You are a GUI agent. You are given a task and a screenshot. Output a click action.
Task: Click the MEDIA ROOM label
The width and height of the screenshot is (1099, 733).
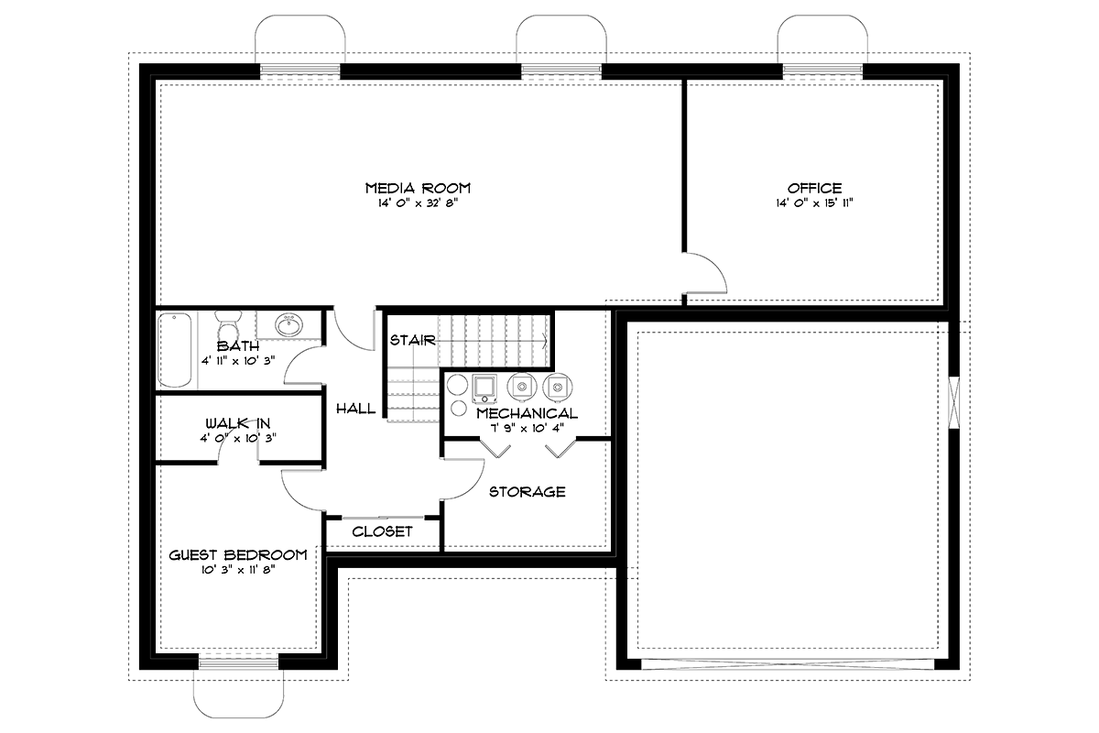point(418,188)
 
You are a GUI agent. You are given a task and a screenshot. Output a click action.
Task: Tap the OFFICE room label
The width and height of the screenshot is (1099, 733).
point(814,188)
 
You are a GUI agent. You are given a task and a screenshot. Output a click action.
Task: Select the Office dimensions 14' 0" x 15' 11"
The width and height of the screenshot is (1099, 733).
point(814,202)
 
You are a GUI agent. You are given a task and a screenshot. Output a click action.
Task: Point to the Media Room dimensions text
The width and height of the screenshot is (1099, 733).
point(418,202)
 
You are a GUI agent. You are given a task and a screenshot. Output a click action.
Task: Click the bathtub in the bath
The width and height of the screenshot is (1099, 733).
point(175,350)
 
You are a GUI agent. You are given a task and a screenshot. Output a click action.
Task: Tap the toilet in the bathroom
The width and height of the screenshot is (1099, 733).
point(228,324)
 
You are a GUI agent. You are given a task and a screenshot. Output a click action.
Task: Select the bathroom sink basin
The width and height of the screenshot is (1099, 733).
point(288,324)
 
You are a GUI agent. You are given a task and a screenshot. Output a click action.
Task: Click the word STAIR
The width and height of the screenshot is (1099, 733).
point(413,340)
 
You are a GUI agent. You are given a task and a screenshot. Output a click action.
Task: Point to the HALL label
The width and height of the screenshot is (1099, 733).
point(355,408)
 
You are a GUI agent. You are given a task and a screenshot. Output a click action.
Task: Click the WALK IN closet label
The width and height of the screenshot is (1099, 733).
point(238,422)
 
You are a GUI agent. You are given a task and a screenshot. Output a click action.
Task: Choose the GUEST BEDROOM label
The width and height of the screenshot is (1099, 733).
point(238,554)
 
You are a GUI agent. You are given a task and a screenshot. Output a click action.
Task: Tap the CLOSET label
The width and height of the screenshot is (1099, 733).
point(382,531)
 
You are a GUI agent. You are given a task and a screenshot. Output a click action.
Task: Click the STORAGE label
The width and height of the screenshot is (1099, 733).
point(528,491)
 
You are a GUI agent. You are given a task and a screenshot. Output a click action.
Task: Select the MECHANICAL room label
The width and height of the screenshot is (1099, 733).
point(528,413)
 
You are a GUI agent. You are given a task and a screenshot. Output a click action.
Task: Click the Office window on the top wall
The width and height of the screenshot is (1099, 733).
point(822,71)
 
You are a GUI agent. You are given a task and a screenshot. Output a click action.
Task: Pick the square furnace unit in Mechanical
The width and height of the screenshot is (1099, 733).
point(484,388)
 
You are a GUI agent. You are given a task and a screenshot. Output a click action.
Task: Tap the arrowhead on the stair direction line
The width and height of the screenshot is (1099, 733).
point(545,340)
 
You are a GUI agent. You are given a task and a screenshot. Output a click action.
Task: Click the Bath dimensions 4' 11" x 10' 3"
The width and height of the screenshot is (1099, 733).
point(238,361)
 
